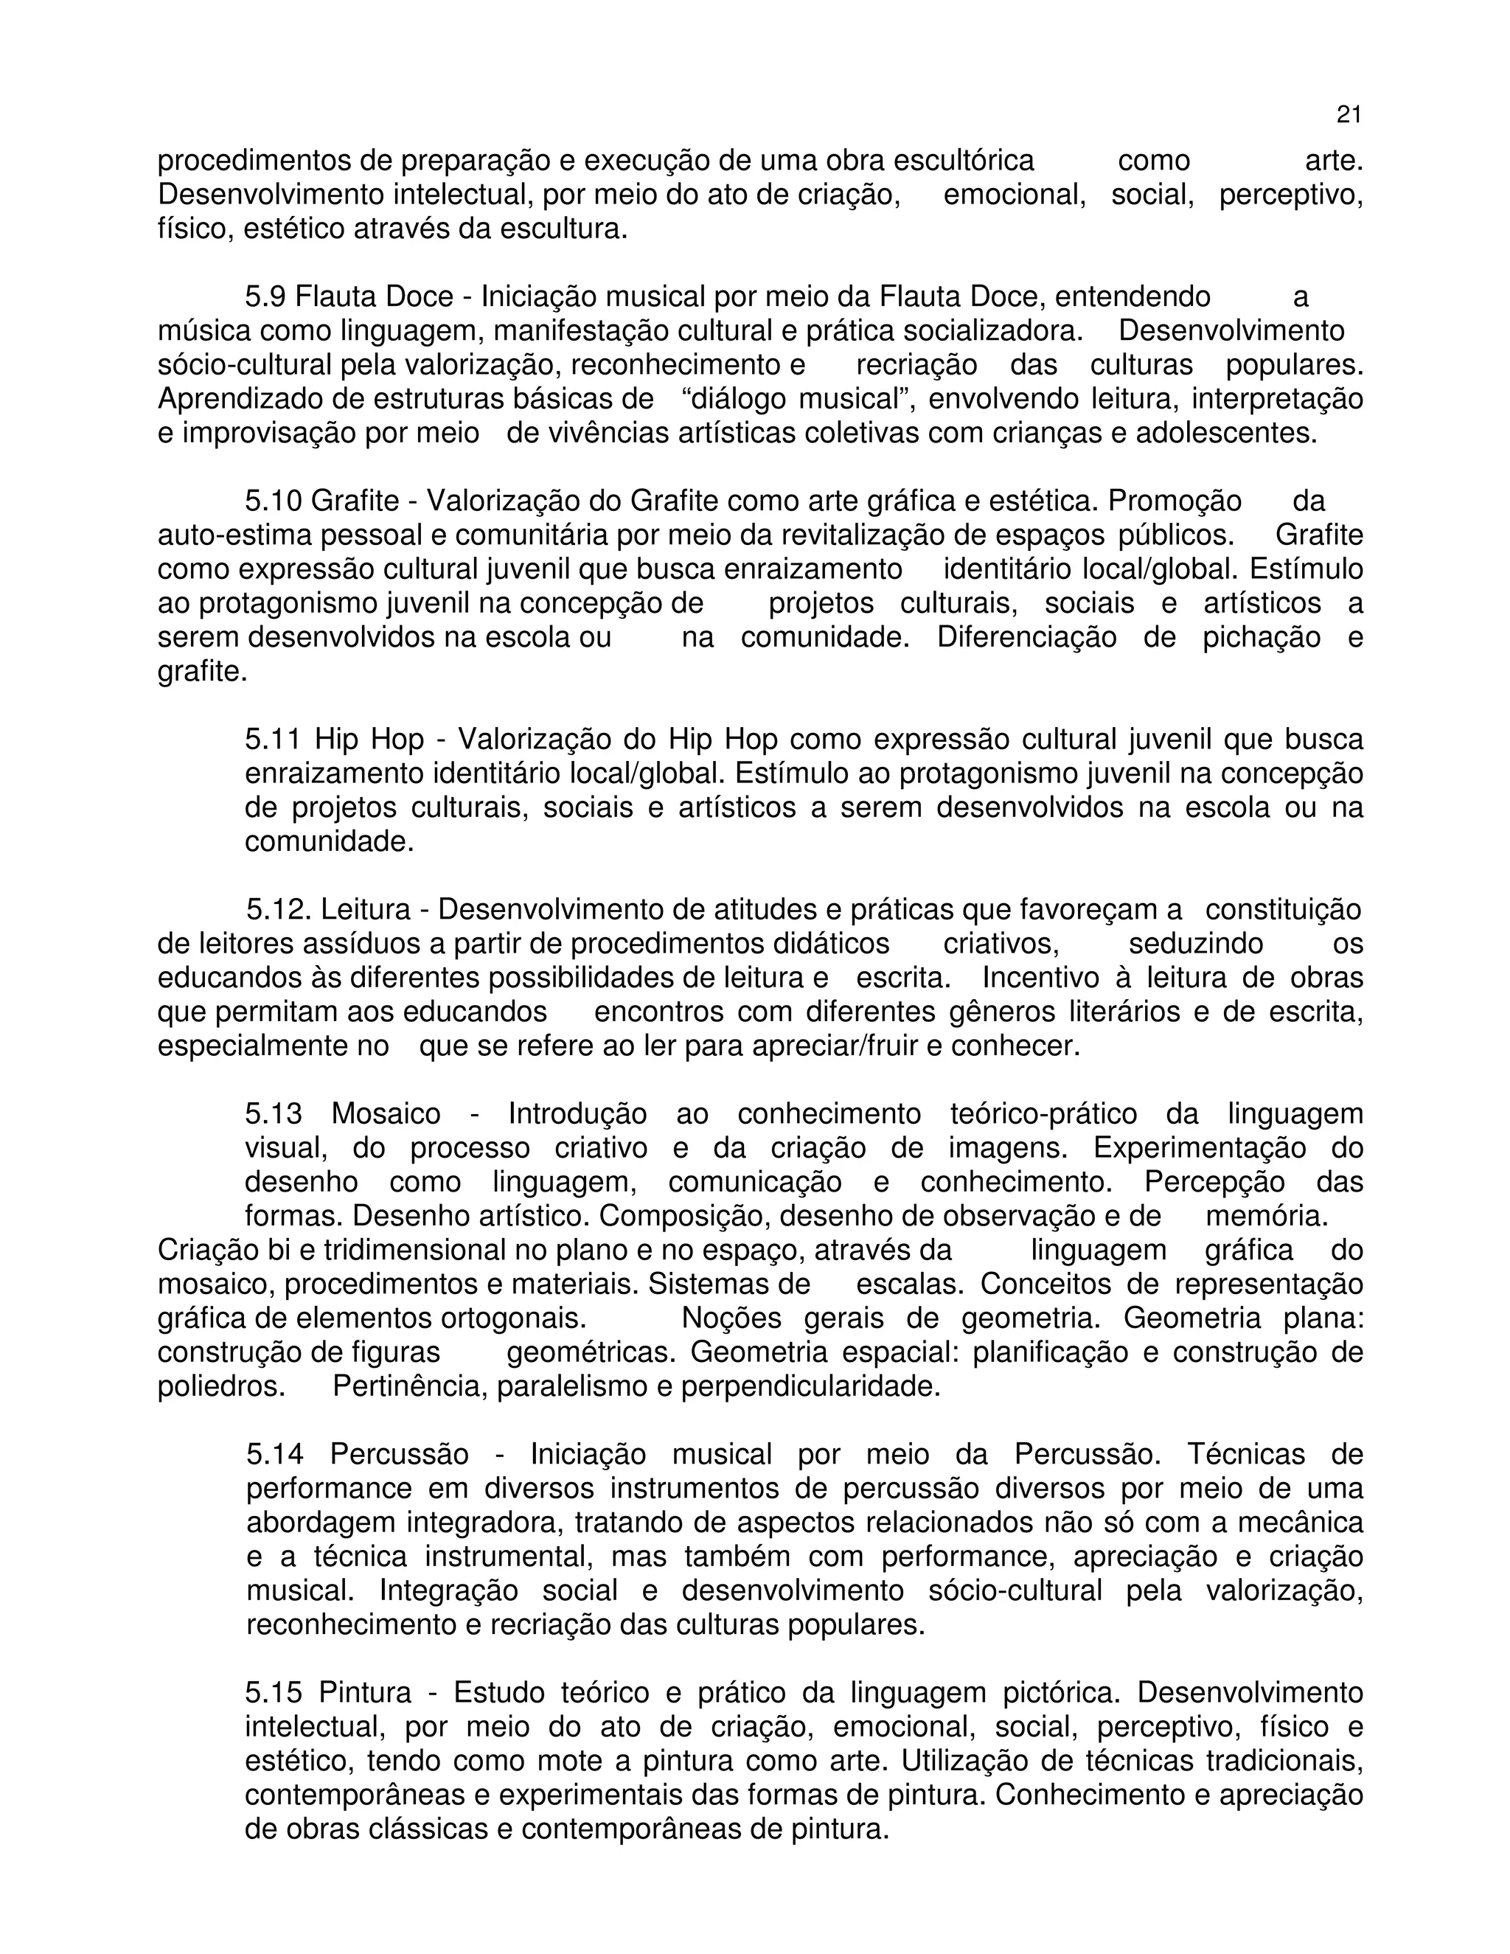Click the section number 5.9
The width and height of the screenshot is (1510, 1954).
tap(265, 297)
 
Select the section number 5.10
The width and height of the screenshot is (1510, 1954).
tap(273, 501)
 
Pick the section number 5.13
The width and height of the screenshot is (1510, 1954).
tap(273, 1115)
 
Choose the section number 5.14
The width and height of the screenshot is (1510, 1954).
tap(274, 1455)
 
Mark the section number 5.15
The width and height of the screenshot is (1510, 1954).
tap(273, 1694)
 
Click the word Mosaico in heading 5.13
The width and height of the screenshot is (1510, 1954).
tap(386, 1115)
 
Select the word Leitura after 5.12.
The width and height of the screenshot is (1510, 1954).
tap(365, 910)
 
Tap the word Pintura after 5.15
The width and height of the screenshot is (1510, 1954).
tap(364, 1694)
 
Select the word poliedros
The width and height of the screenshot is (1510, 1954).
tap(222, 1387)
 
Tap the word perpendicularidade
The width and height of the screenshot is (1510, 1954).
tap(810, 1387)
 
